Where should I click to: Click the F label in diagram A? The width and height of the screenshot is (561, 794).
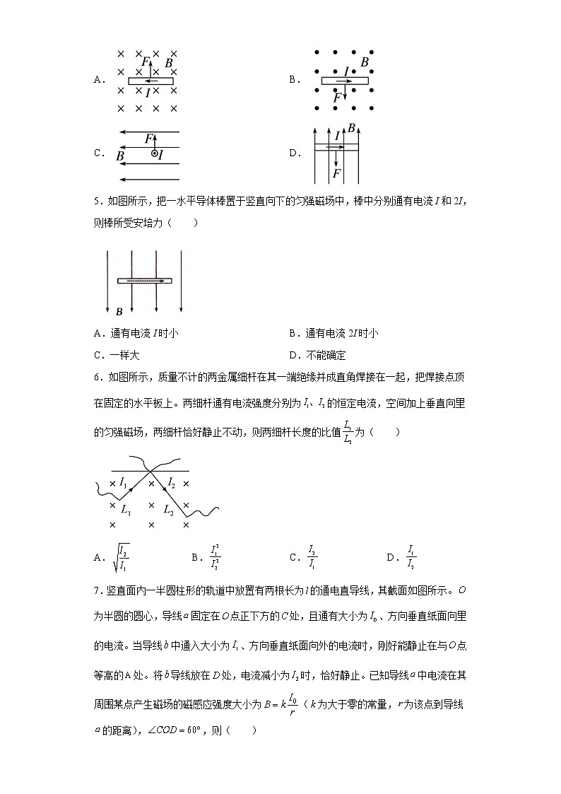(x=145, y=62)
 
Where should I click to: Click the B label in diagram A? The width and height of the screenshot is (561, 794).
(x=168, y=63)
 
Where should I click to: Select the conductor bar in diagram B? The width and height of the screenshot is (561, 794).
(x=344, y=81)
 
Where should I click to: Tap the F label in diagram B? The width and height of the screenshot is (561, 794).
(x=337, y=97)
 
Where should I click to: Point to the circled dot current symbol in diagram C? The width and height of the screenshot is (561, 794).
(x=154, y=153)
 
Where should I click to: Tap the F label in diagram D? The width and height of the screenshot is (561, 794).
(x=337, y=173)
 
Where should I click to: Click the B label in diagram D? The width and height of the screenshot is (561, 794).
(x=351, y=128)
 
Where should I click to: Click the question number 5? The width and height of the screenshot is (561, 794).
(x=96, y=202)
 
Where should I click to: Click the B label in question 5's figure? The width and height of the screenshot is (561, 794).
(x=119, y=311)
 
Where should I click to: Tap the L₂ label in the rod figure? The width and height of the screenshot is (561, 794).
(x=169, y=509)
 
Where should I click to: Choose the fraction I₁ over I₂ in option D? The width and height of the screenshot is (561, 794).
(x=411, y=557)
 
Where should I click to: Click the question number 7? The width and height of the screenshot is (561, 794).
(x=96, y=590)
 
